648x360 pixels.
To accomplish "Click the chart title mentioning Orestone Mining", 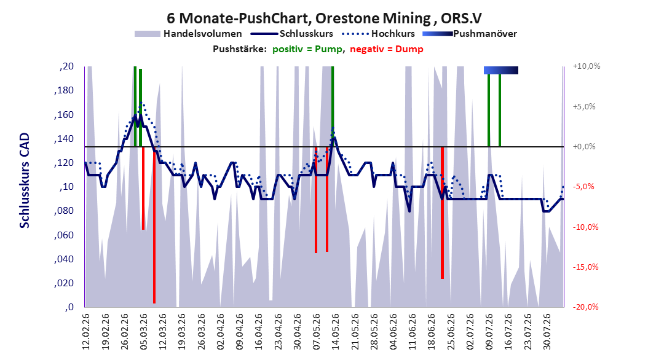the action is [324, 18].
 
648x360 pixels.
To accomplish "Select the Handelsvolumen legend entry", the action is [188, 34].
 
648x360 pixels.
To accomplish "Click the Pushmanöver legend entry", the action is [470, 34].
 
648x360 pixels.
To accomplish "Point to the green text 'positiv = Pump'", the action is [307, 49].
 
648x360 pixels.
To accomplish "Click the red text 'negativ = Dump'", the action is [387, 49].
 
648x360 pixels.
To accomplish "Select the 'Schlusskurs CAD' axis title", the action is [25, 180].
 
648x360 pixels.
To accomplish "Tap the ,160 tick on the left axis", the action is [64, 114].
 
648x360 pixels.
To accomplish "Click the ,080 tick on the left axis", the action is [64, 211].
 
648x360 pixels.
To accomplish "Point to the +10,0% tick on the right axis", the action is [587, 66].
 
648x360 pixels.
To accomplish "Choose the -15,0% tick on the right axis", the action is [585, 267].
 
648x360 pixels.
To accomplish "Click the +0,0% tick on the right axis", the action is [584, 147].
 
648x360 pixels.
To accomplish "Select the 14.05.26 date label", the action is [335, 332].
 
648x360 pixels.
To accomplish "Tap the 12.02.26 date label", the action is [86, 332].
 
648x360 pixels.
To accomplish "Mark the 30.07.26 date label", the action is [547, 332].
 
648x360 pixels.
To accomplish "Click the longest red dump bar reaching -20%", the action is [154, 225].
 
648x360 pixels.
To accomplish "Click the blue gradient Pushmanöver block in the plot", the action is [501, 70].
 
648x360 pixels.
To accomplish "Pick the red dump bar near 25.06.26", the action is [442, 213].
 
